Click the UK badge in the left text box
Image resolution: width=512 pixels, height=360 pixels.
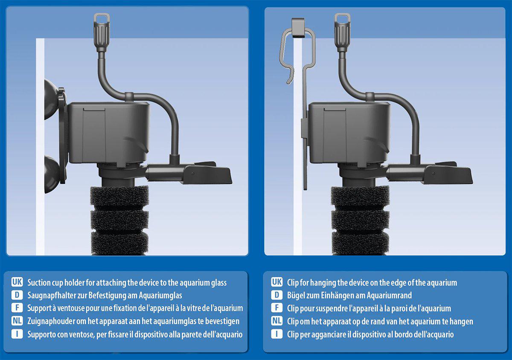tap(17, 282)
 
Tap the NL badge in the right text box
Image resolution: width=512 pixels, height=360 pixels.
tap(276, 321)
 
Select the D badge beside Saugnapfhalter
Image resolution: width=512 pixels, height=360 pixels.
tap(17, 295)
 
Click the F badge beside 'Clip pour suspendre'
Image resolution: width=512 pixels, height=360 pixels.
tap(276, 308)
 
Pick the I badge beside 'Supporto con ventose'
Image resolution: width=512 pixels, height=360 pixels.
tap(17, 334)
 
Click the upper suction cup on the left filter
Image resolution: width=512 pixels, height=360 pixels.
tap(50, 99)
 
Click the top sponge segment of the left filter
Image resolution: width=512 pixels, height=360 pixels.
tap(119, 197)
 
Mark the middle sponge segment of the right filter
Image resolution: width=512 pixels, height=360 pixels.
tap(360, 220)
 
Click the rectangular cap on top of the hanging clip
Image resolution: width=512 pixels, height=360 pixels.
tap(298, 28)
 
